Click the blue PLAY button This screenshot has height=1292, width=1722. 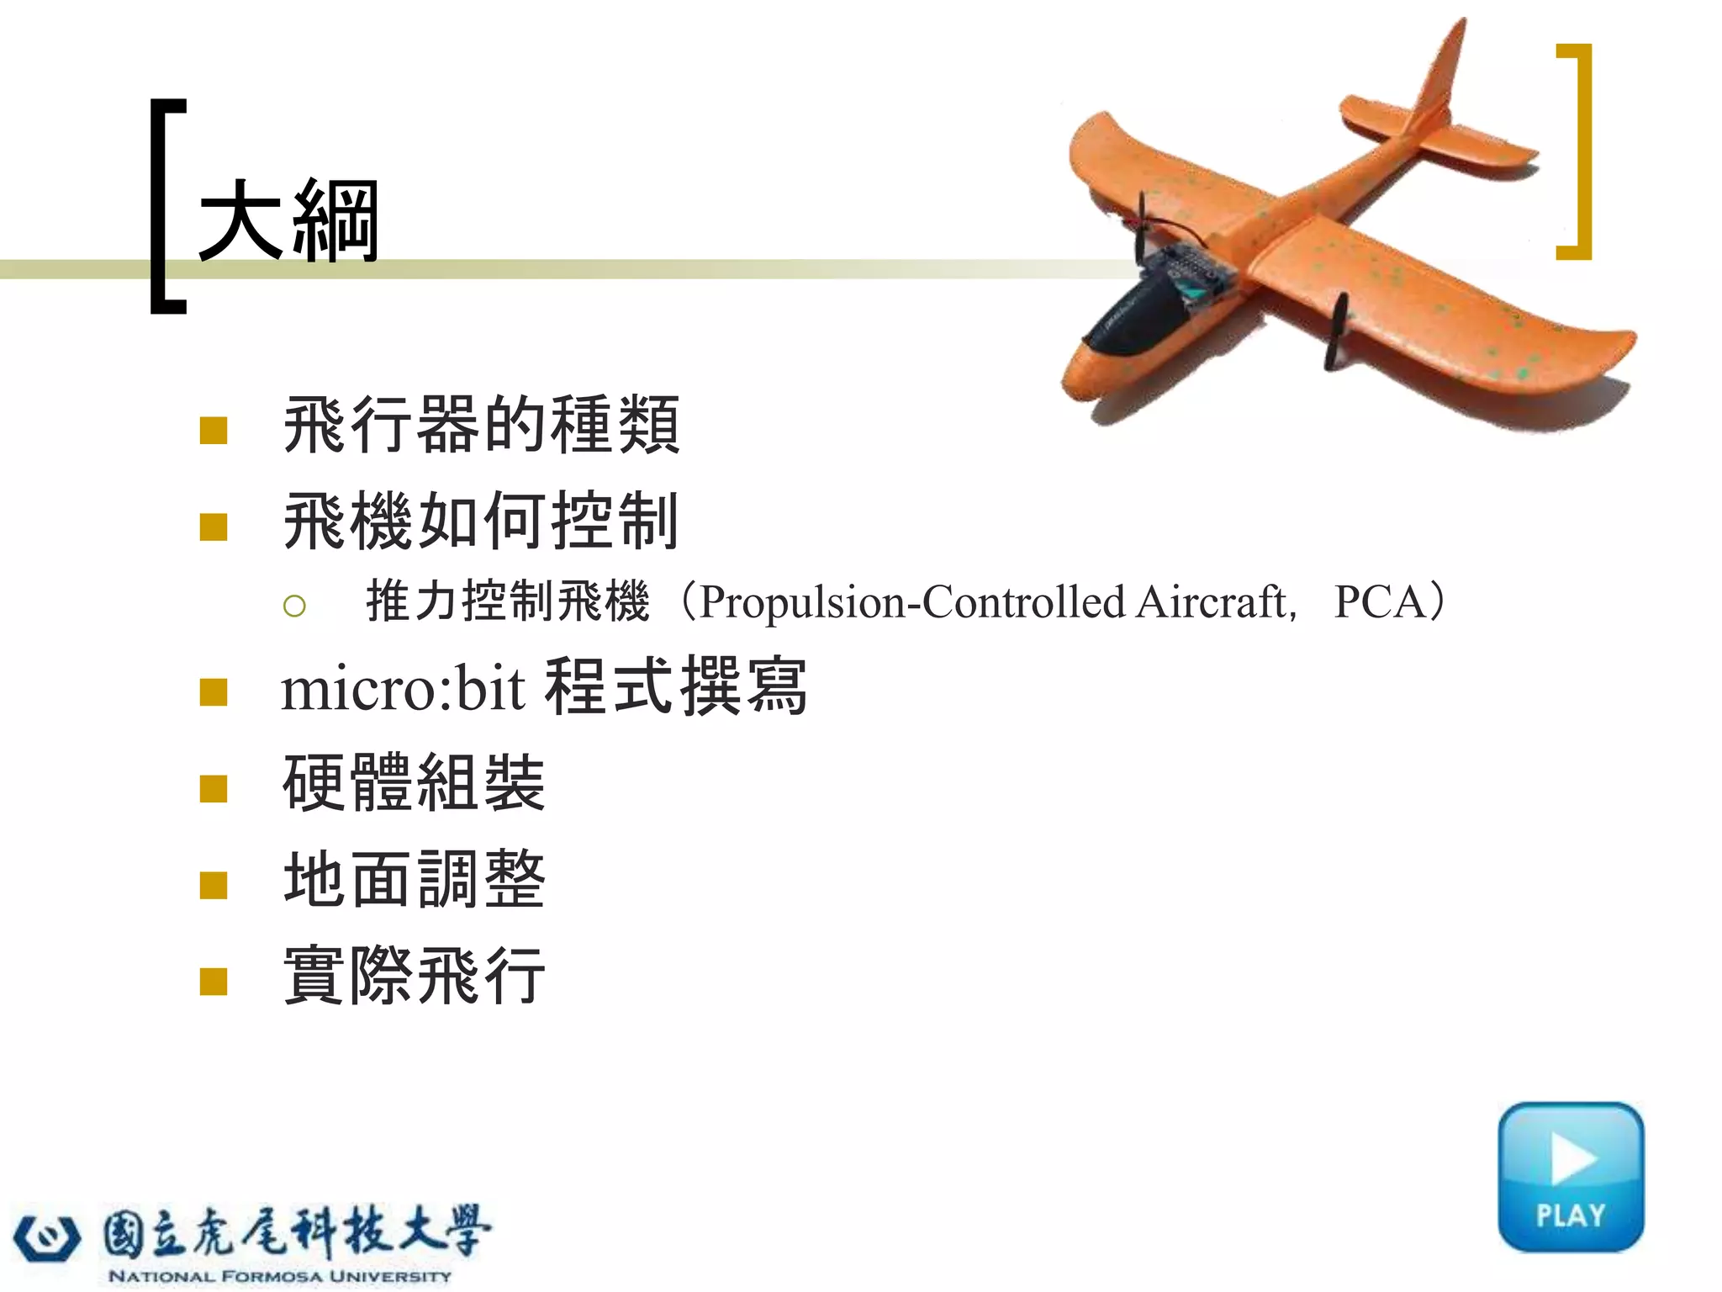(x=1570, y=1177)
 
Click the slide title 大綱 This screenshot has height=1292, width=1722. (x=288, y=221)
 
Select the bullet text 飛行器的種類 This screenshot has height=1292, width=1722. (x=481, y=426)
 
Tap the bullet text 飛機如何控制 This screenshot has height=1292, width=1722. (x=481, y=522)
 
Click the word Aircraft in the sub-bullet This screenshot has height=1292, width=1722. (x=1211, y=602)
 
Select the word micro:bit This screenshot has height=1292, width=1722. (x=403, y=689)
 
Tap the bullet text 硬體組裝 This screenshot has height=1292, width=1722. (x=415, y=783)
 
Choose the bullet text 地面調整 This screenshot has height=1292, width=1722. (x=415, y=879)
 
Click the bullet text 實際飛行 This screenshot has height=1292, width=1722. (x=415, y=976)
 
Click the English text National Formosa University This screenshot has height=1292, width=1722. (x=279, y=1276)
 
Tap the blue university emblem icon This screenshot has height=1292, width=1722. (x=47, y=1237)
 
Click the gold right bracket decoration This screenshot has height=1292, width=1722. (x=1578, y=151)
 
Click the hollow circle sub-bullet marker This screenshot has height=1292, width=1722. (x=294, y=606)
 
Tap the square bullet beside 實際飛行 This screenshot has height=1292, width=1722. (x=214, y=981)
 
